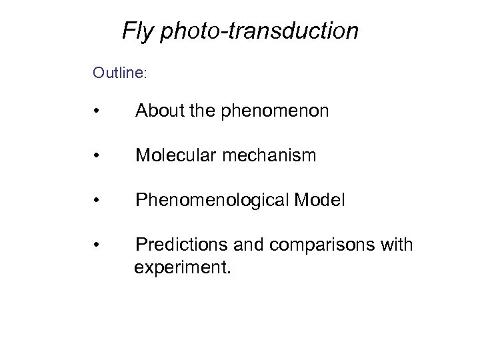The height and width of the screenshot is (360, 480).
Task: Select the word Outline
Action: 117,72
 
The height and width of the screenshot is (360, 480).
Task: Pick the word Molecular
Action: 175,156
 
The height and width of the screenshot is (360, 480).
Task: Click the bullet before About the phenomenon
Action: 97,111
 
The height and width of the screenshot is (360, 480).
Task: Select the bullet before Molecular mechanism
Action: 97,156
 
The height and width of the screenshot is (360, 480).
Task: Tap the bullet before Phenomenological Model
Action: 97,201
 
